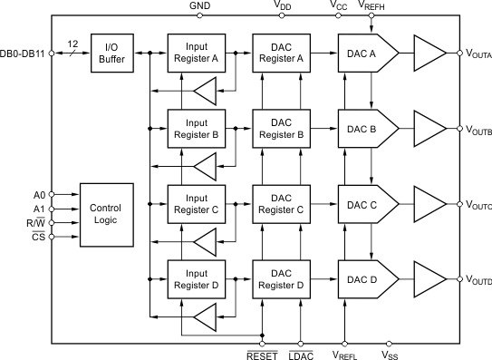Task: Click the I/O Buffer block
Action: point(112,54)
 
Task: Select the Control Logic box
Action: point(106,214)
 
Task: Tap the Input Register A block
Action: point(198,54)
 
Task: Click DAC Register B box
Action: point(282,128)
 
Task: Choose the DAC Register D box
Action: point(282,277)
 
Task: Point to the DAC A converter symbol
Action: point(366,54)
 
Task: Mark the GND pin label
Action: point(199,5)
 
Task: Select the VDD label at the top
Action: point(283,6)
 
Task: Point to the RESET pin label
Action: point(262,355)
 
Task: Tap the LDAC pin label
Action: point(302,355)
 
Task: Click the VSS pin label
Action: point(390,355)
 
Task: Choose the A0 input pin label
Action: point(38,193)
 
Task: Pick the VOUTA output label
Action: point(478,55)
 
